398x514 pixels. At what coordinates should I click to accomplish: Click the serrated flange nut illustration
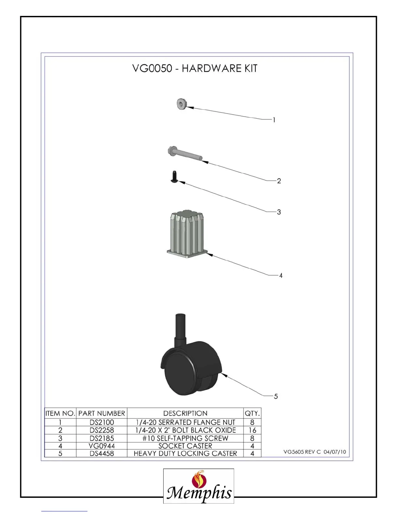point(181,104)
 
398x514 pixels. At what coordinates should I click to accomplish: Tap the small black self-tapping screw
point(174,177)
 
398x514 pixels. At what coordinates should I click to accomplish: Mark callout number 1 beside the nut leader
point(274,120)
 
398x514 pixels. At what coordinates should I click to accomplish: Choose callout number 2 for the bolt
point(279,181)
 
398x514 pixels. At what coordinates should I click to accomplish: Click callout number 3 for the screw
point(279,212)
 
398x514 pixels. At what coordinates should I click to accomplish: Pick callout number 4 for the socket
point(281,275)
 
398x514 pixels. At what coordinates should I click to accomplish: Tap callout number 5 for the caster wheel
point(276,396)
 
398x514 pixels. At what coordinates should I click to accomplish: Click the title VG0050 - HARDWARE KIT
point(195,68)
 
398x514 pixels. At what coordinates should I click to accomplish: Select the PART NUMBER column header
point(101,413)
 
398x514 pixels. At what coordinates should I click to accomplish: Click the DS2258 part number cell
point(101,430)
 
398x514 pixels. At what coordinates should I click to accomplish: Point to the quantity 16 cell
point(252,430)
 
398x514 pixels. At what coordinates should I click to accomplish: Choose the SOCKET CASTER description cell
point(185,446)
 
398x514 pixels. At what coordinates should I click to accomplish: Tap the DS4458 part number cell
point(101,453)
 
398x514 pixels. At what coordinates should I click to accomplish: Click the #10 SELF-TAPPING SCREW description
point(185,438)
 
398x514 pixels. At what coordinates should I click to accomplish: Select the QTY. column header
point(252,413)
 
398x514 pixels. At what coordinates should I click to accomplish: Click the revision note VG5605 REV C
point(302,452)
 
